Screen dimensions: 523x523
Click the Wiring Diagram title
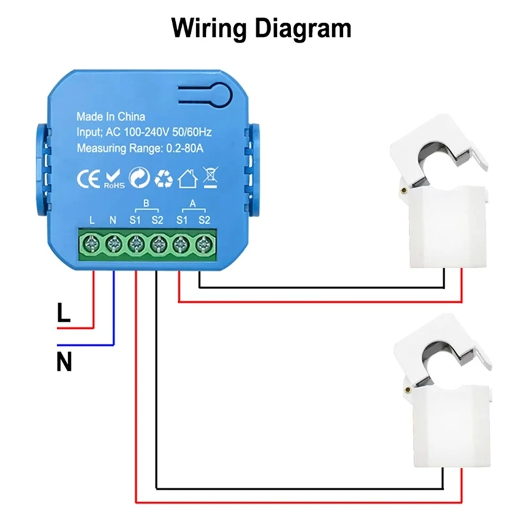(261, 28)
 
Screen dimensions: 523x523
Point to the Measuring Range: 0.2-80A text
(140, 148)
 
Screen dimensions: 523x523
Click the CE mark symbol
(88, 178)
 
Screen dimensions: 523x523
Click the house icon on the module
(188, 178)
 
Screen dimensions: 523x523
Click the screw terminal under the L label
(92, 245)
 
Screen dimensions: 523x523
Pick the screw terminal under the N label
(113, 245)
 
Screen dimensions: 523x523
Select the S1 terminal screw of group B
(135, 245)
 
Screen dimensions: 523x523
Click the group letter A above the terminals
(192, 202)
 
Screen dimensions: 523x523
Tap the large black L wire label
(63, 313)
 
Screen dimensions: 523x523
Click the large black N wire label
(64, 362)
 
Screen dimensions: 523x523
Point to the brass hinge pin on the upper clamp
(407, 190)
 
